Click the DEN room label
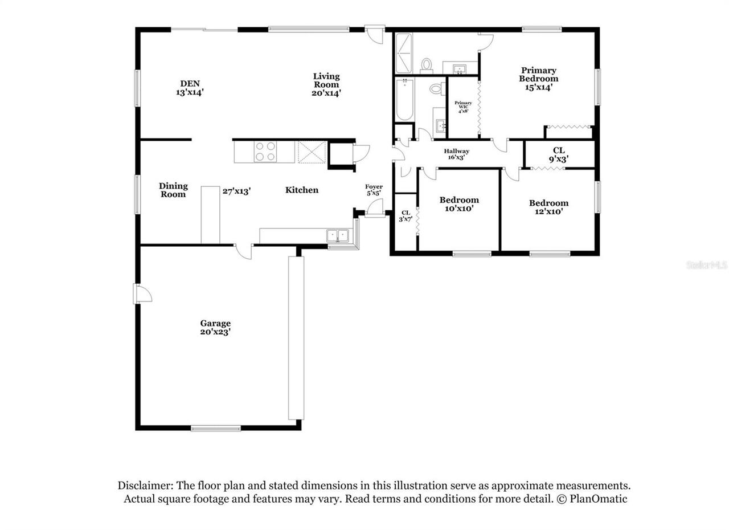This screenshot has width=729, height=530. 190,87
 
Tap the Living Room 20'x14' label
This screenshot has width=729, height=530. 326,84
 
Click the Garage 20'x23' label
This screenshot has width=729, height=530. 215,328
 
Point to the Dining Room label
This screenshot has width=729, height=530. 173,190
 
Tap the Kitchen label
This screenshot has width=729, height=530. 302,190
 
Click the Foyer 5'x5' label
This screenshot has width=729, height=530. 374,190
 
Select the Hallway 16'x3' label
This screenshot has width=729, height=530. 457,154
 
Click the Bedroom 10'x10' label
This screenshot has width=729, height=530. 459,204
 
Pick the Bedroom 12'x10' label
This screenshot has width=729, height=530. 548,207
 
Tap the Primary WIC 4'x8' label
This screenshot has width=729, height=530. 463,107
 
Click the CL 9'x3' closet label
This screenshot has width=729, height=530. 559,154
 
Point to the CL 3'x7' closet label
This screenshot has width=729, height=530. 406,215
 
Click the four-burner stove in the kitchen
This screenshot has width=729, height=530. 265,151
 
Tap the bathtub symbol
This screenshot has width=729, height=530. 404,99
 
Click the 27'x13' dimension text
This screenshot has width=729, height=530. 236,191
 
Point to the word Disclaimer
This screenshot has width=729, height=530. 145,486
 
